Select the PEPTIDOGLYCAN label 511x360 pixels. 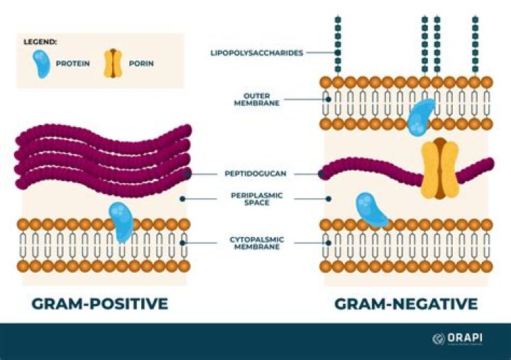pos(251,173)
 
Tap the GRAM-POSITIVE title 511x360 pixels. pos(99,304)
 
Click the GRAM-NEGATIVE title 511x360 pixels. pos(406,304)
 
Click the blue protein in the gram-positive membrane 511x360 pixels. pos(122,222)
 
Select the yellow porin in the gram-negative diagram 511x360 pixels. pos(439,168)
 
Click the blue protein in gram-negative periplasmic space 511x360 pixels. pos(371,209)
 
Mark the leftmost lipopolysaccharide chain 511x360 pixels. pos(338,42)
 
